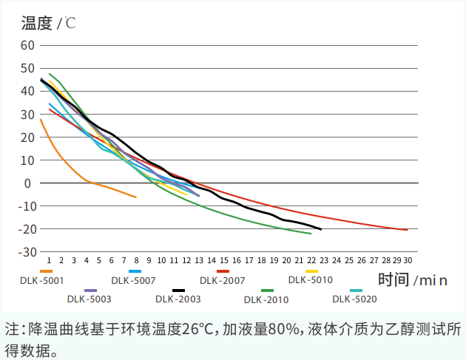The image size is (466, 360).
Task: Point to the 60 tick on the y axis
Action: click(x=28, y=45)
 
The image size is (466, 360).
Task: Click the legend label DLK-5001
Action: click(x=42, y=280)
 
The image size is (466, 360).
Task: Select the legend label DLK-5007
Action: click(x=133, y=280)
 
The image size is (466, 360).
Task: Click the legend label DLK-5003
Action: click(x=89, y=299)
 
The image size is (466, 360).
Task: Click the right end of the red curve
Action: click(x=407, y=230)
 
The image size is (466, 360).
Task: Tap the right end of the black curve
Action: click(x=320, y=229)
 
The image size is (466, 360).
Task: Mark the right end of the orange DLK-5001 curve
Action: click(x=136, y=197)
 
